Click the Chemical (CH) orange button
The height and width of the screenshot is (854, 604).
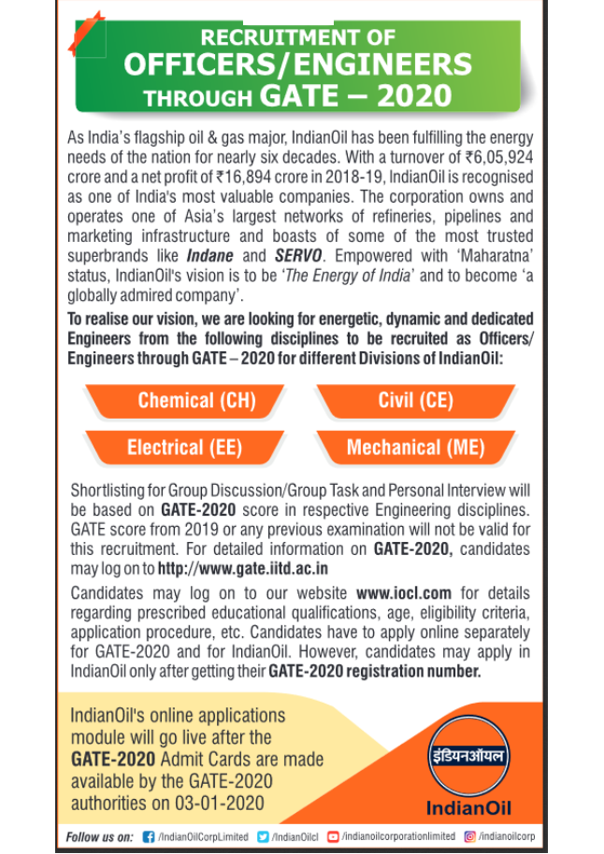196,401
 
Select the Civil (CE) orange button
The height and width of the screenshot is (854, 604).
415,401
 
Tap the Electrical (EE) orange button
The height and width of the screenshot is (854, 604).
184,448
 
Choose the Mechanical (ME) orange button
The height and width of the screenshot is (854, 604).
415,448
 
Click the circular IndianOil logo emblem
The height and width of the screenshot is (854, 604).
468,757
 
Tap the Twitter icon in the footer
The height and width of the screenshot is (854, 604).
263,836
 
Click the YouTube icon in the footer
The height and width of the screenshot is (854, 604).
333,836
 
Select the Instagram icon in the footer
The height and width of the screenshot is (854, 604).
469,836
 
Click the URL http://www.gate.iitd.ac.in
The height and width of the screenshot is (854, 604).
243,568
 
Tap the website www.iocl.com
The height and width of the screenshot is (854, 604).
404,593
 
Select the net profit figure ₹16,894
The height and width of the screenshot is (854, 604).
249,177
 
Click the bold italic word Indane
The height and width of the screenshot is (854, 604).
209,256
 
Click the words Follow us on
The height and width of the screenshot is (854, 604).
99,836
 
